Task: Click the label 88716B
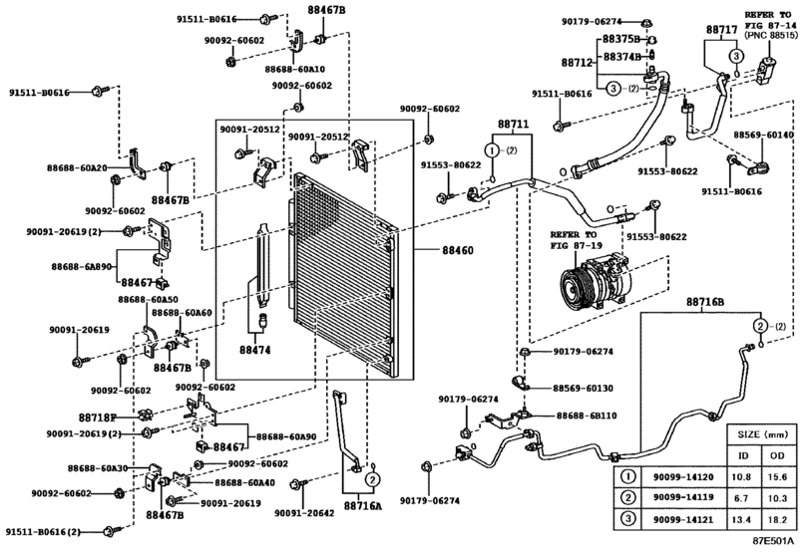coord(705,301)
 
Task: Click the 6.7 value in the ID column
coord(742,499)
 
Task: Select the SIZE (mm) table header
coord(762,435)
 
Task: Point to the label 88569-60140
coord(764,135)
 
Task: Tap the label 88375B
coord(619,40)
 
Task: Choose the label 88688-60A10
coord(294,69)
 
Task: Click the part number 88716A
coord(363,506)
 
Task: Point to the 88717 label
coord(721,31)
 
